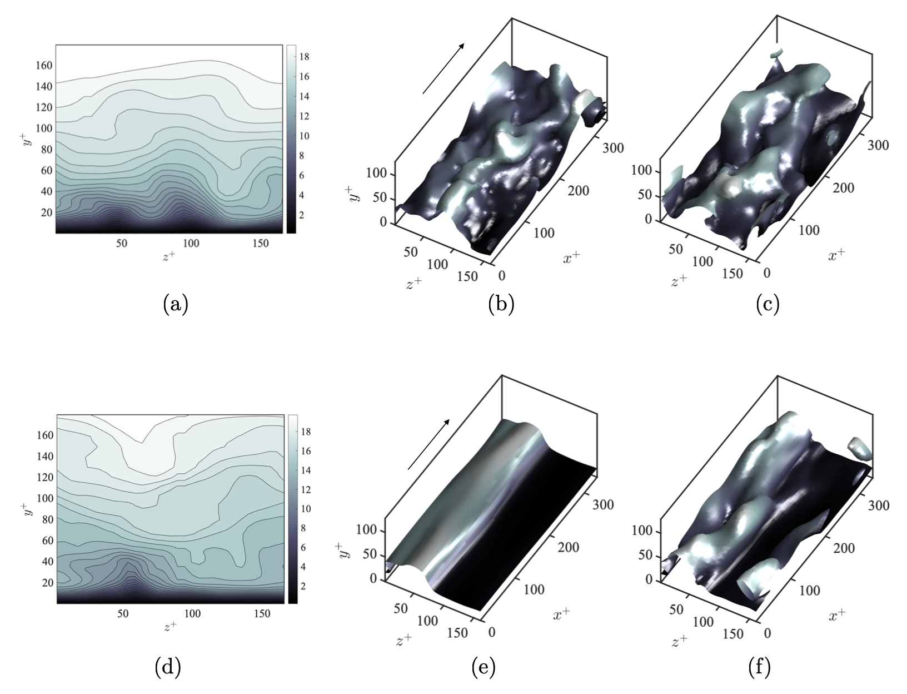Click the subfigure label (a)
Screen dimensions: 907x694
176,304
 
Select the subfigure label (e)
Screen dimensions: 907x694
483,666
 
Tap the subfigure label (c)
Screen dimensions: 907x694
768,304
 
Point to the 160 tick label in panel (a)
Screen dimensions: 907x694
44,65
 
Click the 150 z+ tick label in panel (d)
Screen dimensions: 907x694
262,613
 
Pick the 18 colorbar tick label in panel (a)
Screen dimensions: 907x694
304,57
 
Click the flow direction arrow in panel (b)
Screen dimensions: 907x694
443,68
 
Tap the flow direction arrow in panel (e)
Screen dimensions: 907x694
428,444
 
